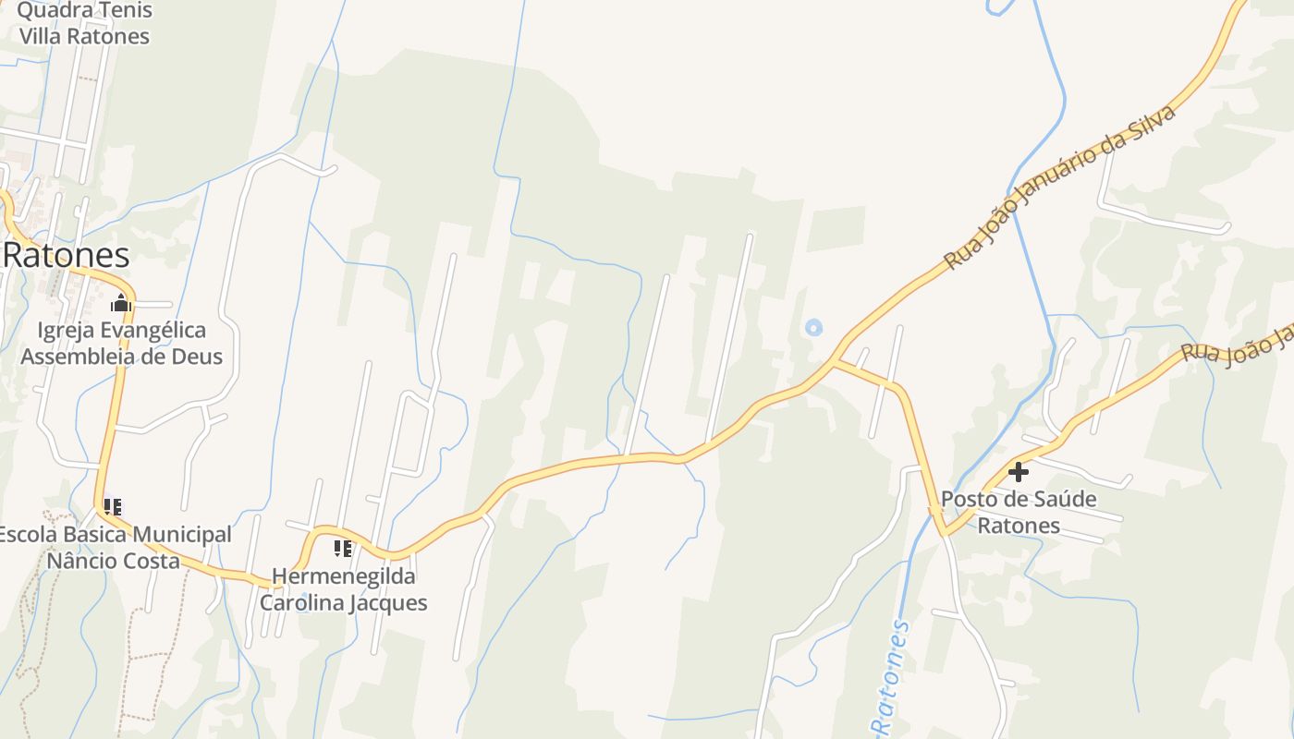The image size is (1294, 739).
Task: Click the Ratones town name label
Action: click(x=67, y=254)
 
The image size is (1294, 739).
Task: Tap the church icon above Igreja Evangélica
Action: click(x=121, y=303)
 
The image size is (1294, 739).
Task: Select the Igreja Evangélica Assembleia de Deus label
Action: click(x=122, y=343)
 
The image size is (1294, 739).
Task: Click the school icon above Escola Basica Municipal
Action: click(x=113, y=506)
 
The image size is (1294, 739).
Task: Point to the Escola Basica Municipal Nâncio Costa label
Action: click(x=113, y=548)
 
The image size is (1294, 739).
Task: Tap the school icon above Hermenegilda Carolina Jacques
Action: click(x=343, y=549)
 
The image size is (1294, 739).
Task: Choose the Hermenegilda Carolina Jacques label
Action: click(x=343, y=589)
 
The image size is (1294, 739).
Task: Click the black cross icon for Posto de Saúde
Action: click(x=1019, y=472)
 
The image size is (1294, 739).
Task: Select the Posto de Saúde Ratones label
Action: click(x=1019, y=513)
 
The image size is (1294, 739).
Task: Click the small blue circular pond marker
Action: click(x=813, y=327)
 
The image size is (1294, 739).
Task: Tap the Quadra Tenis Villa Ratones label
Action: click(x=84, y=24)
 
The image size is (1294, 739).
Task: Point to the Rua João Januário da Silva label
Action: click(x=1059, y=188)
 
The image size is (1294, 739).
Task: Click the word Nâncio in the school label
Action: click(x=83, y=562)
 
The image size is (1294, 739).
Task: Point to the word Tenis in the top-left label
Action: click(x=118, y=11)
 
